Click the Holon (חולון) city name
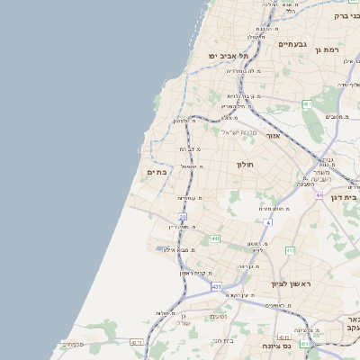pos(246,165)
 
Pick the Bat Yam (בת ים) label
pos(157,173)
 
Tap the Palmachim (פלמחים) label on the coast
pos(73,344)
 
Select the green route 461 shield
pos(307,104)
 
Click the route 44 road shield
pos(319,193)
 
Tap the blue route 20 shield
pos(182,217)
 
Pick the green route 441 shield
pos(216,238)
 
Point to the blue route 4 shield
pos(267,221)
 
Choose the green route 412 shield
pos(290,250)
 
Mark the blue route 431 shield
pos(216,286)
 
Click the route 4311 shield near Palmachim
pos(137,342)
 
